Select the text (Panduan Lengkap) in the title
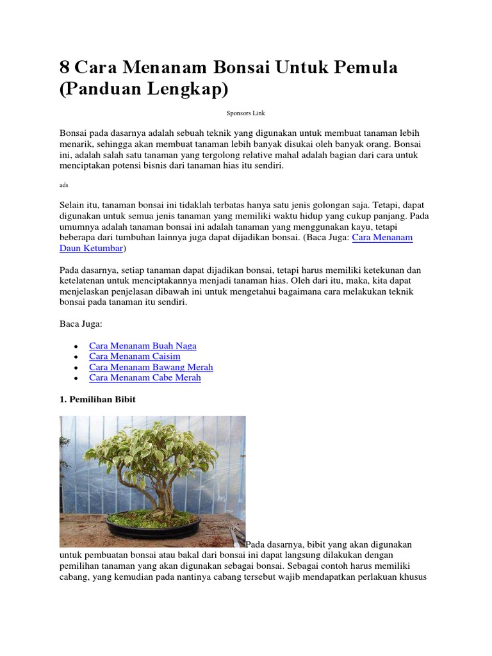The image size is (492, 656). (143, 89)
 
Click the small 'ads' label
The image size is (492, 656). (63, 184)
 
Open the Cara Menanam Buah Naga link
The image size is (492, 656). (143, 345)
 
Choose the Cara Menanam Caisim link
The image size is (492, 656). (135, 356)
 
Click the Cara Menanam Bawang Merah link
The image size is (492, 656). (151, 367)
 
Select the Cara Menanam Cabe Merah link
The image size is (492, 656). (145, 378)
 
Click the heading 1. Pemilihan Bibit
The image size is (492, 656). (97, 399)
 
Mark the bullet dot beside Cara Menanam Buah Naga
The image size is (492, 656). (76, 346)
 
